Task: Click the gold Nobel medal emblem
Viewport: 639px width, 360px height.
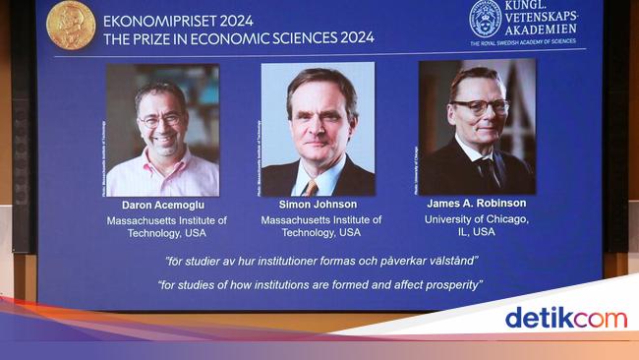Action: (72, 24)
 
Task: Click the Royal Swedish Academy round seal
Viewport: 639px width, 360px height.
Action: (485, 18)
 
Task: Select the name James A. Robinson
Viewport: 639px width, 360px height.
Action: (476, 204)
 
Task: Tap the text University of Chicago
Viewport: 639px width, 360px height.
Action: (476, 218)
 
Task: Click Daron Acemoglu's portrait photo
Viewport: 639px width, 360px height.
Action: (162, 130)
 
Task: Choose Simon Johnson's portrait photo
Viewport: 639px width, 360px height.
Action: (317, 130)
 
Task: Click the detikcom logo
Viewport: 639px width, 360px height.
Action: (564, 318)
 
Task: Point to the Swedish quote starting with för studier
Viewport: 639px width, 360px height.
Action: (321, 261)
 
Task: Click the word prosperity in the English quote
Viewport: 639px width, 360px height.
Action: (453, 285)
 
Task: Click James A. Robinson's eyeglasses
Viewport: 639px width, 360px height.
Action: (480, 105)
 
